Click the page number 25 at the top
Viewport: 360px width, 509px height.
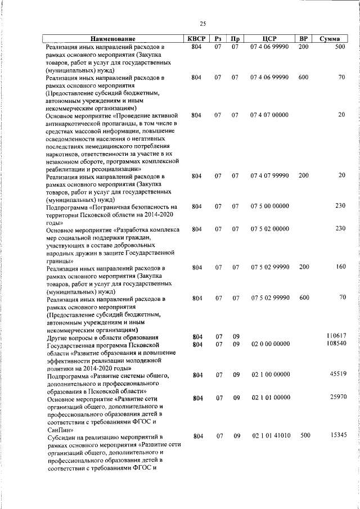pyautogui.click(x=202, y=24)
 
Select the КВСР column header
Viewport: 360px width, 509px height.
pyautogui.click(x=196, y=39)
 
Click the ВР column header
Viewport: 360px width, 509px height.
pyautogui.click(x=303, y=39)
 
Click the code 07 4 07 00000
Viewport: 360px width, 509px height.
pyautogui.click(x=270, y=115)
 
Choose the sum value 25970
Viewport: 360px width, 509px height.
pyautogui.click(x=337, y=397)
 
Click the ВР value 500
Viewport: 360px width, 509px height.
pyautogui.click(x=304, y=436)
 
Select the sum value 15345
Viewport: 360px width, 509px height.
pyautogui.click(x=337, y=435)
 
